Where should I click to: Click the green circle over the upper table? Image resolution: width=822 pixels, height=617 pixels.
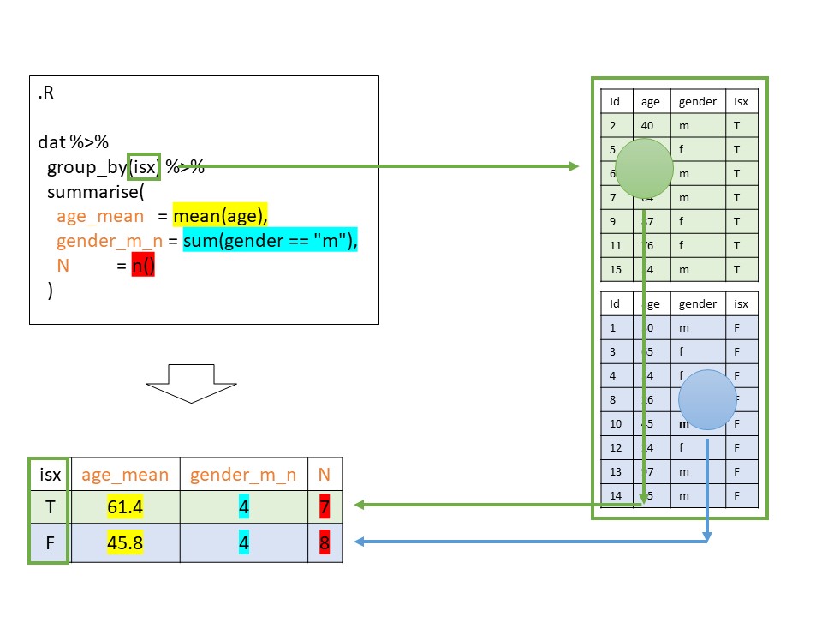644,168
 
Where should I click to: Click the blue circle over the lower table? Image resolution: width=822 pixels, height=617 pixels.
707,399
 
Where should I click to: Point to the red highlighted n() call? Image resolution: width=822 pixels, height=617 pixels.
143,267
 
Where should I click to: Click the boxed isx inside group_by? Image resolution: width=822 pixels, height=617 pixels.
144,167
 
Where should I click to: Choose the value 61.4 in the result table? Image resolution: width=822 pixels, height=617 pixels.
125,507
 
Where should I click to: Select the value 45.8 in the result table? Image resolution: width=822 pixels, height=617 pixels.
125,543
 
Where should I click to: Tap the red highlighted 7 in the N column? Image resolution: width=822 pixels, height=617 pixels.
324,507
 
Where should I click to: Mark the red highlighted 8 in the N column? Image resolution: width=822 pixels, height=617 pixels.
324,543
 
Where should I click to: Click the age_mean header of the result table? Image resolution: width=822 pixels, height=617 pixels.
125,474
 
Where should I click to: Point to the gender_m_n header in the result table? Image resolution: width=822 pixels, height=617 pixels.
243,474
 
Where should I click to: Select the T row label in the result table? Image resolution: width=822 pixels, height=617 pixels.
49,507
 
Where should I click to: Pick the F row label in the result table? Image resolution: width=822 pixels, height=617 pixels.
49,543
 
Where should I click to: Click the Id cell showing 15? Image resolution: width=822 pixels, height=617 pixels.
614,270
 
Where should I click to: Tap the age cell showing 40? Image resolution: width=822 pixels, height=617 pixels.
647,125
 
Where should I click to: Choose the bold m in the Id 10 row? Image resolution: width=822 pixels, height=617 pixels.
684,423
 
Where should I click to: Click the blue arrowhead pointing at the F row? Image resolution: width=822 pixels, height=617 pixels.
360,542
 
